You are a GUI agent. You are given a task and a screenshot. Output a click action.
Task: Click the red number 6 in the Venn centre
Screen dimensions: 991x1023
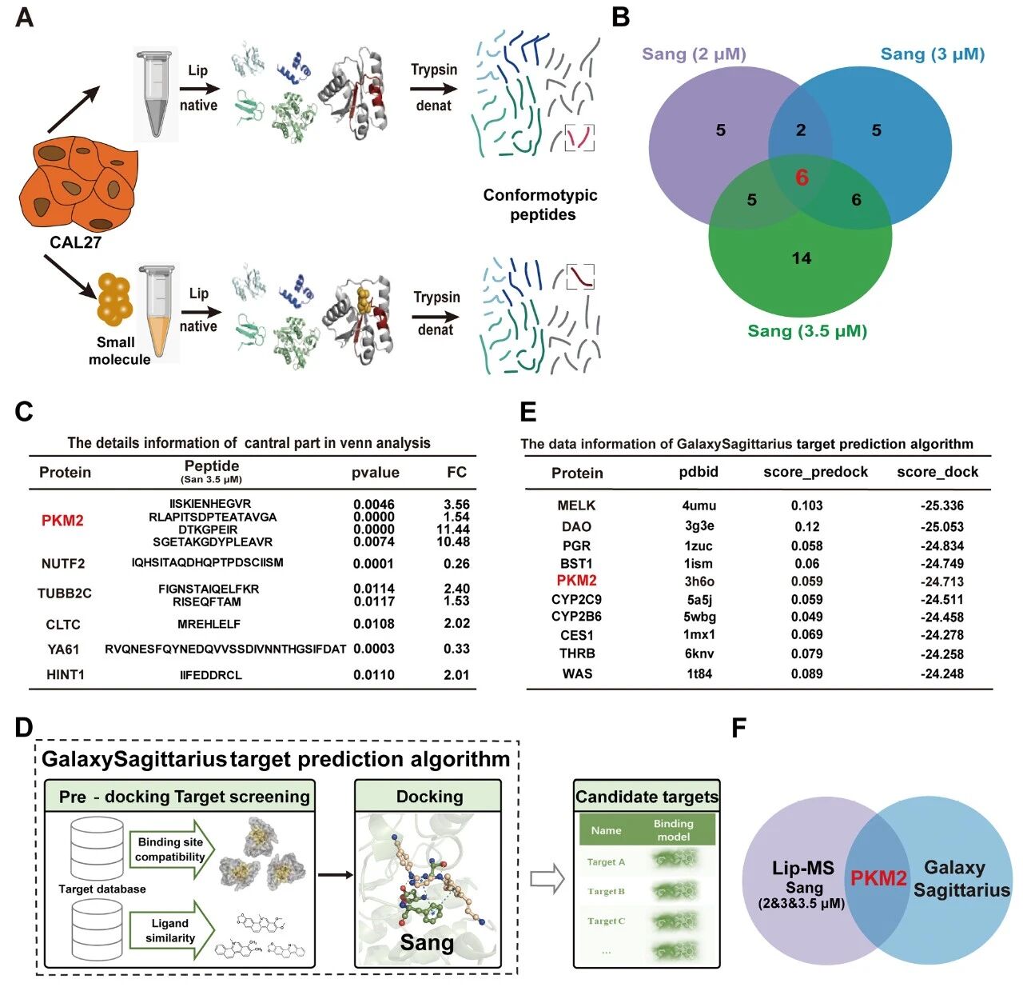(802, 178)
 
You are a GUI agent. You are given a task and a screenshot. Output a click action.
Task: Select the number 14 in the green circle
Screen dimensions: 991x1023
(801, 258)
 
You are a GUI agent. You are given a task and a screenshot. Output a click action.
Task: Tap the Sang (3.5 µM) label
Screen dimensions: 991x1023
(807, 331)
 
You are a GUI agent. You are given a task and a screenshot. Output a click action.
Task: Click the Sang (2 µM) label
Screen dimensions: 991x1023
(694, 54)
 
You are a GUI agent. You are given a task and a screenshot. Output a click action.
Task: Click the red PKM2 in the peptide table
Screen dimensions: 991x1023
(62, 521)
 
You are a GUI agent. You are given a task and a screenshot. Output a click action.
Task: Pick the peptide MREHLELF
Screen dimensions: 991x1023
(209, 624)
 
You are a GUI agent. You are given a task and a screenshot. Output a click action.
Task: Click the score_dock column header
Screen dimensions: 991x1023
(937, 472)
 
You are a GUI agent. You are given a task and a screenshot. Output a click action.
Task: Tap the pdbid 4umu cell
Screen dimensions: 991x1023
(699, 505)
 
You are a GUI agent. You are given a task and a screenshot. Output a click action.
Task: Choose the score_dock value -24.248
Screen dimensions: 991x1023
(941, 673)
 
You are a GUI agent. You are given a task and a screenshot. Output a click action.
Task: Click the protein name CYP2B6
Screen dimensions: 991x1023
(576, 617)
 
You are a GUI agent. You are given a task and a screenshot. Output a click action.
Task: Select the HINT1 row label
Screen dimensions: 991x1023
(66, 674)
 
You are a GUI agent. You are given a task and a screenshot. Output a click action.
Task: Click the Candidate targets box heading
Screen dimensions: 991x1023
(647, 797)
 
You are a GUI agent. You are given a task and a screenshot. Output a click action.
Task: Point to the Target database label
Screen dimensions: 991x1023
(102, 889)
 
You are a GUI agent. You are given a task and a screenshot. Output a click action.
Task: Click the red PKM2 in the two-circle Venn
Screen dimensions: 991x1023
(878, 879)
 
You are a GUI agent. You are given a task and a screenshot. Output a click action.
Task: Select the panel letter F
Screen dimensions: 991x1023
(739, 729)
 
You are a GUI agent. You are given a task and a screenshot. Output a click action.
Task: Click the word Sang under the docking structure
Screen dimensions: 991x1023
(427, 943)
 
